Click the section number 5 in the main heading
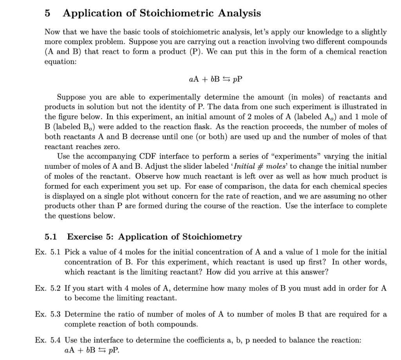[x=47, y=13]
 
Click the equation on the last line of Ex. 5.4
[x=90, y=350]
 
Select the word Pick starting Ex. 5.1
[x=72, y=252]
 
